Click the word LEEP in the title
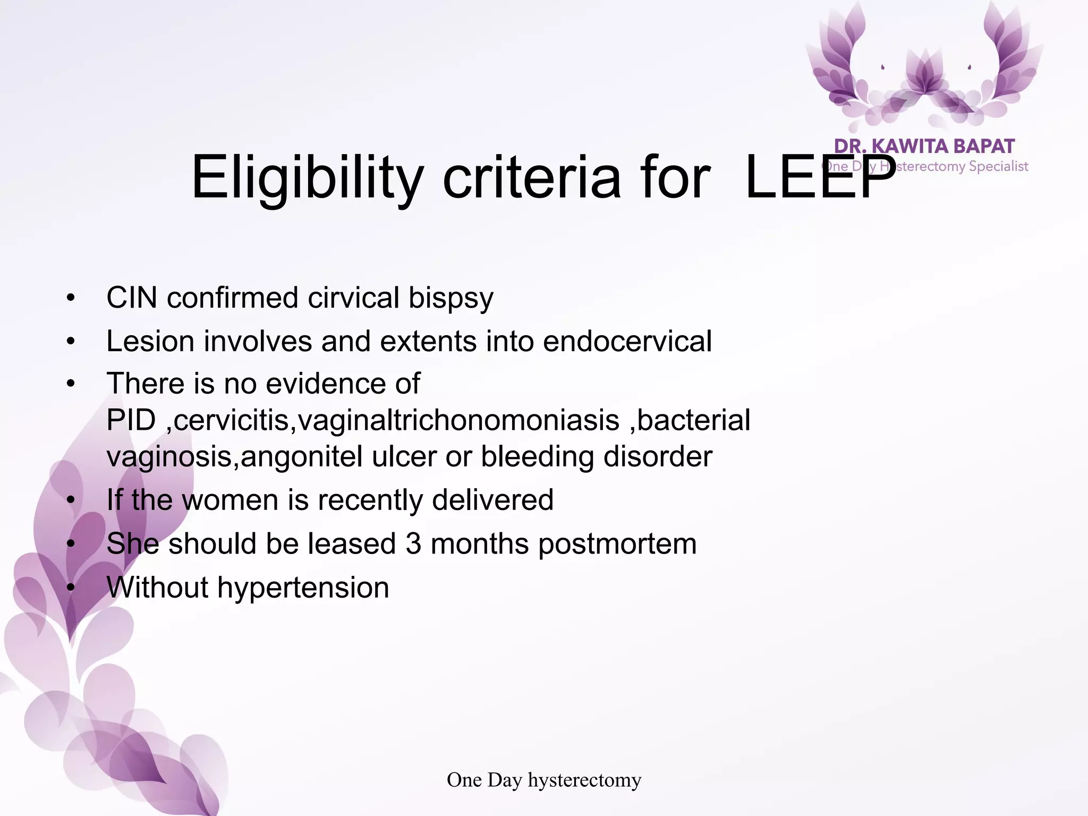tap(820, 178)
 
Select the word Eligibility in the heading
tap(307, 178)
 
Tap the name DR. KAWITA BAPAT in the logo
tap(924, 147)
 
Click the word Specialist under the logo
tap(998, 166)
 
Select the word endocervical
tap(627, 341)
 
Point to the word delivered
tap(492, 500)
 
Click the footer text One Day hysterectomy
tap(544, 780)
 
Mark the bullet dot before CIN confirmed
tap(71, 298)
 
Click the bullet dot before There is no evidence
tap(71, 384)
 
